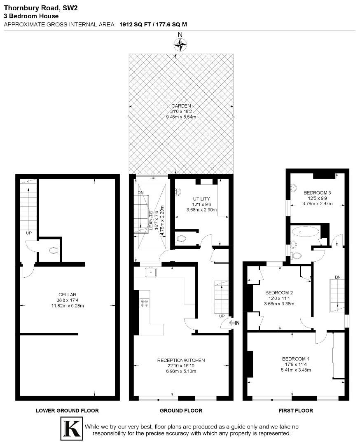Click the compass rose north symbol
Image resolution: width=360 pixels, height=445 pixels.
click(180, 43)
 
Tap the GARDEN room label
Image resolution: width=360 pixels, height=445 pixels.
click(181, 106)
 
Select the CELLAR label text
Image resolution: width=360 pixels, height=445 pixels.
click(66, 295)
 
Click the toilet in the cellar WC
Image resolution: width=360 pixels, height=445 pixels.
click(54, 250)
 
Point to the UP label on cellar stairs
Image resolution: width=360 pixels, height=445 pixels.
click(28, 233)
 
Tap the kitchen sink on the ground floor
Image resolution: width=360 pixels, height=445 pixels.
click(152, 272)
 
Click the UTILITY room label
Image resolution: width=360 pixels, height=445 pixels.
click(201, 199)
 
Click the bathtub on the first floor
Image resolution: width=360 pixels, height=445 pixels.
click(305, 232)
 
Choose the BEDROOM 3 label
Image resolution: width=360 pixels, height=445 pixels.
click(317, 192)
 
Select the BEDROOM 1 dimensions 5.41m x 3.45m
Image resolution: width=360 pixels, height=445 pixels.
click(296, 370)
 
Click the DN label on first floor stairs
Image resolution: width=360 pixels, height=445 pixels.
click(338, 277)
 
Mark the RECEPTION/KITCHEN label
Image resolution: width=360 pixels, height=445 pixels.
click(181, 360)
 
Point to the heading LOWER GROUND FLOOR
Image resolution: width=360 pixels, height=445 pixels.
click(67, 410)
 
